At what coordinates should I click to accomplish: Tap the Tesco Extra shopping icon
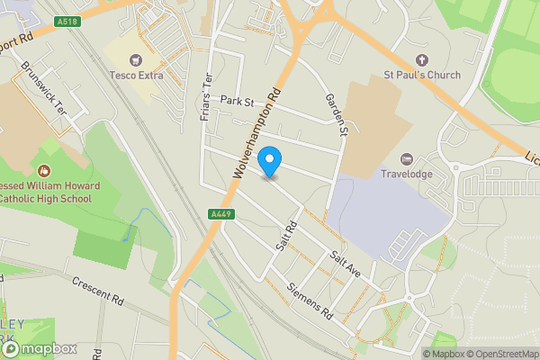tap(136, 60)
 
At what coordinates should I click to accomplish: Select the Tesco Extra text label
tap(136, 76)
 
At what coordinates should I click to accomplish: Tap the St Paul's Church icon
tap(421, 60)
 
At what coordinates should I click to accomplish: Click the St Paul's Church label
tap(421, 76)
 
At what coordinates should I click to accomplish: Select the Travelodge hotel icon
tap(407, 158)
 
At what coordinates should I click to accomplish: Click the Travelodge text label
tap(407, 174)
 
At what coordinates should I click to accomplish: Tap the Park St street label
tap(238, 101)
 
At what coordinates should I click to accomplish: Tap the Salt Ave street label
tap(344, 265)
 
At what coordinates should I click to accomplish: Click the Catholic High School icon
tap(42, 170)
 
